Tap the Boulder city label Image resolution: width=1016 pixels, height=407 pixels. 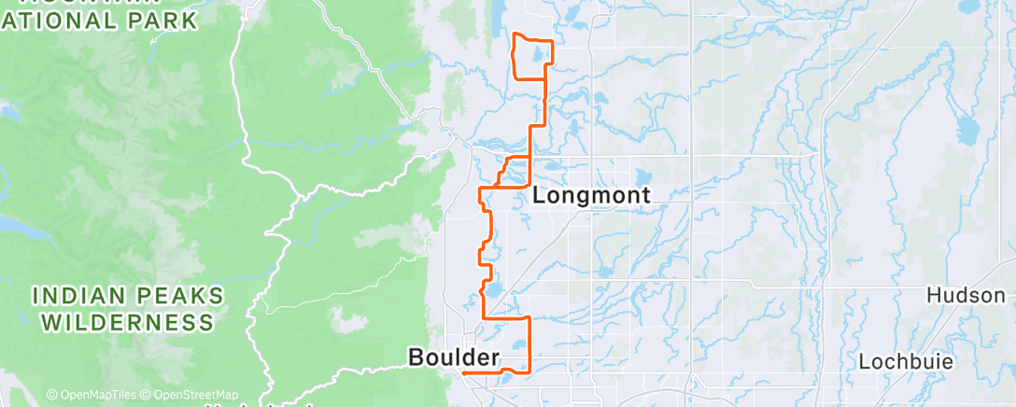454,356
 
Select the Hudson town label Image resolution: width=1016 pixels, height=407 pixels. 965,295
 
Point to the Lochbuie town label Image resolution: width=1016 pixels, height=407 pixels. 903,359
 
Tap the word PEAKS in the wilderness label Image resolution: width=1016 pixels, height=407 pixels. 178,297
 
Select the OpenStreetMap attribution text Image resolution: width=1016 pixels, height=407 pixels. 190,395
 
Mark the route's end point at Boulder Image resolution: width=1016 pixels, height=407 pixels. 464,372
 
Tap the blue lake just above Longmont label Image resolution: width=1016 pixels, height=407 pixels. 642,176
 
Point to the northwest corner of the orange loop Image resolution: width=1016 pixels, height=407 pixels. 515,35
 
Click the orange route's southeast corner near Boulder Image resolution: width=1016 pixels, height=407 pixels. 529,372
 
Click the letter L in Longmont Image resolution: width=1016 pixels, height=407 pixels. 540,196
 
